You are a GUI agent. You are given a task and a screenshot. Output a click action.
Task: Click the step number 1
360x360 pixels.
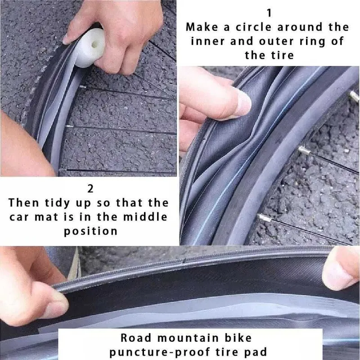[269, 13]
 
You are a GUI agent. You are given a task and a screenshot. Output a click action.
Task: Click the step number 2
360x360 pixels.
[90, 189]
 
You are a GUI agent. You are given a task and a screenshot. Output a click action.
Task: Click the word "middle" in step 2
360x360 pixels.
[145, 217]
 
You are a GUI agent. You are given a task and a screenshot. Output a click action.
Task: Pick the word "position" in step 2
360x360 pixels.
[90, 231]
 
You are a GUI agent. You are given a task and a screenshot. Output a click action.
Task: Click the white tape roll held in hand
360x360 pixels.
[90, 47]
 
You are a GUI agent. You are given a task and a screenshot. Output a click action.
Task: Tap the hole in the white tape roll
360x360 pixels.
[94, 45]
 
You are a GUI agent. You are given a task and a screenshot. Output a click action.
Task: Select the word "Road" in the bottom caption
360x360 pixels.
[136, 338]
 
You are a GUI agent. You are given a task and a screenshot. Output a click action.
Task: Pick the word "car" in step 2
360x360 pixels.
[18, 217]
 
